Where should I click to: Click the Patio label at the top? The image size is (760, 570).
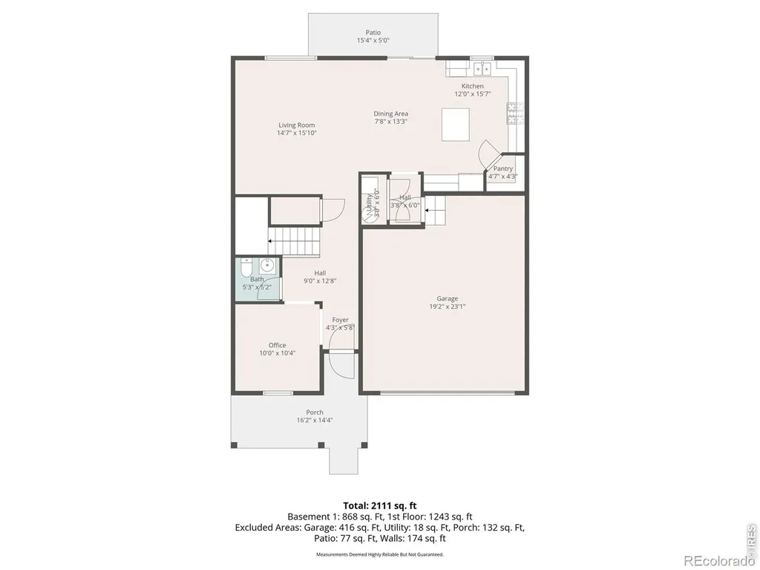pyautogui.click(x=373, y=33)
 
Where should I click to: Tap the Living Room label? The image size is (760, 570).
pyautogui.click(x=297, y=125)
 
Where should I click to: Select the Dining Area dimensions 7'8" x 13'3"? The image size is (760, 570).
pyautogui.click(x=390, y=122)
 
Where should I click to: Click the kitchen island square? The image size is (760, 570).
pyautogui.click(x=456, y=124)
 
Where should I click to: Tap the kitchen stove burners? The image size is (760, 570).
pyautogui.click(x=513, y=114)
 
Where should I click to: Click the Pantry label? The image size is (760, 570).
pyautogui.click(x=503, y=168)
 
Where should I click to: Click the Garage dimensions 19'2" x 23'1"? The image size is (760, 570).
pyautogui.click(x=448, y=307)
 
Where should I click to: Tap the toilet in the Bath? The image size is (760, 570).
pyautogui.click(x=246, y=267)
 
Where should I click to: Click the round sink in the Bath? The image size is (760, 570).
pyautogui.click(x=267, y=265)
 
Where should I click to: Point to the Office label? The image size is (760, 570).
pyautogui.click(x=278, y=345)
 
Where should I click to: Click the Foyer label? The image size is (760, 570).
pyautogui.click(x=340, y=320)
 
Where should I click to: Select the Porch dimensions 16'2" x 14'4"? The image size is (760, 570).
pyautogui.click(x=315, y=420)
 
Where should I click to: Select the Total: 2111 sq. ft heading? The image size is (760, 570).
pyautogui.click(x=380, y=506)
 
